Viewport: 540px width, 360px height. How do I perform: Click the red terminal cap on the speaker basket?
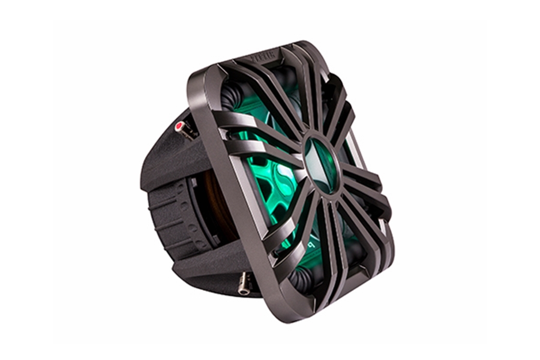[179, 125]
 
